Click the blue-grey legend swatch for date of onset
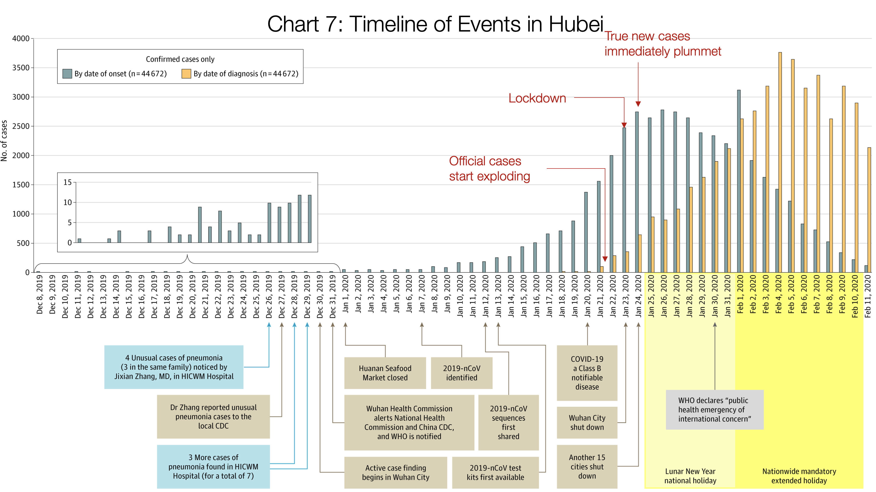point(67,74)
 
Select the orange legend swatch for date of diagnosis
point(186,74)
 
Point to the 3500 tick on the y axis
point(21,68)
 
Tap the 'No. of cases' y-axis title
point(4,141)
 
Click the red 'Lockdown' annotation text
point(537,98)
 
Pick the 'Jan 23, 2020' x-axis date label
point(626,296)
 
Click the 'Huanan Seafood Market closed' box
point(385,373)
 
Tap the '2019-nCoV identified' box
point(461,373)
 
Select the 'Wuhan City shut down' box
point(587,422)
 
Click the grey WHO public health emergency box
point(714,410)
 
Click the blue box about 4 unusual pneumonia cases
point(174,367)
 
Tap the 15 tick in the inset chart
point(68,182)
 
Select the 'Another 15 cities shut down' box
point(587,467)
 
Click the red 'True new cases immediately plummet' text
point(662,44)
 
